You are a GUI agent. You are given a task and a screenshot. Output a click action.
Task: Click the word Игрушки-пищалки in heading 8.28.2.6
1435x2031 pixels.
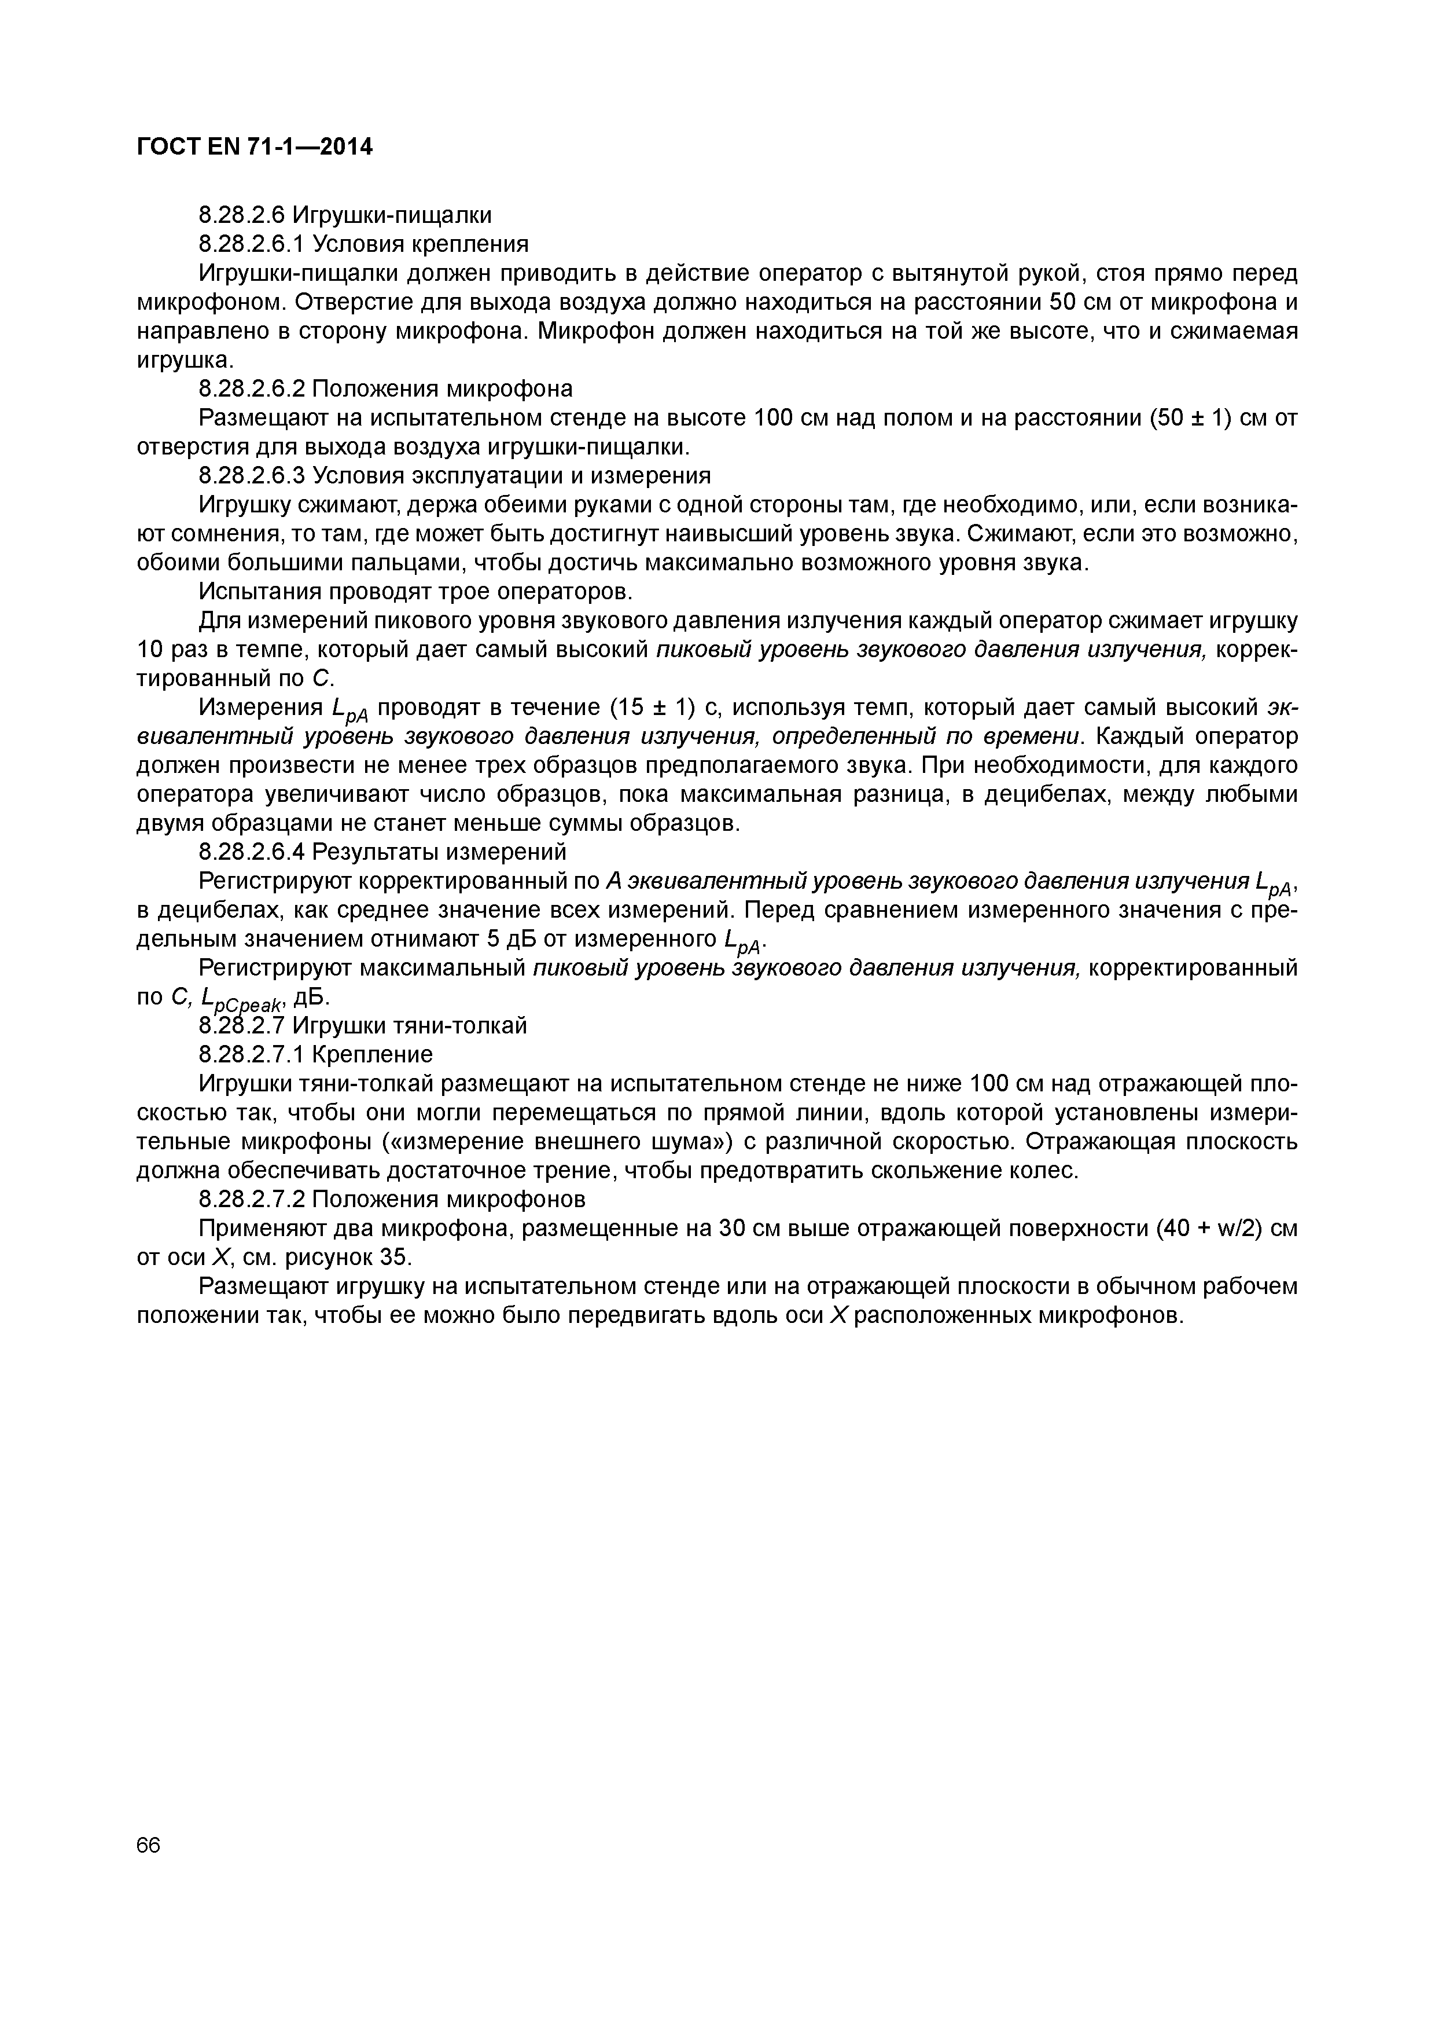click(x=392, y=215)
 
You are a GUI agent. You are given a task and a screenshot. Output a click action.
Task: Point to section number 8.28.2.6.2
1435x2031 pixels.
click(x=252, y=388)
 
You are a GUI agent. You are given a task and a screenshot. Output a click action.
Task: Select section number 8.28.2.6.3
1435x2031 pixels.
click(x=252, y=476)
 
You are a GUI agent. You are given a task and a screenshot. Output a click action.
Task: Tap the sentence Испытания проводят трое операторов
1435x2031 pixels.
click(x=415, y=591)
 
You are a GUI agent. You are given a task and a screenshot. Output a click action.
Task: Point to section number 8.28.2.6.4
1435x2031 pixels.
click(x=252, y=852)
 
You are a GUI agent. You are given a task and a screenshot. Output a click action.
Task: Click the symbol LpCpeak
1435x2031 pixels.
click(x=241, y=999)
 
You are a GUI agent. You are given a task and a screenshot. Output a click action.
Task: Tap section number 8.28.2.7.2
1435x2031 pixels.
click(x=252, y=1200)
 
